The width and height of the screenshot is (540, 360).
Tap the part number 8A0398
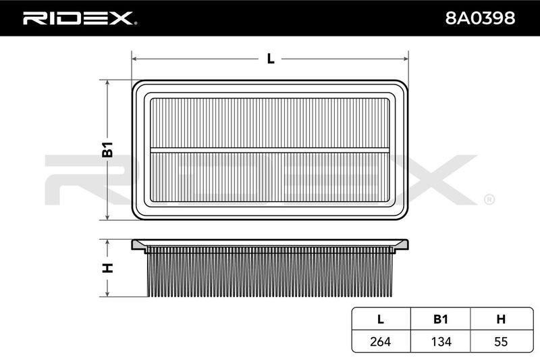coord(480,18)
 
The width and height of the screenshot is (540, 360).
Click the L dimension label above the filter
coord(271,59)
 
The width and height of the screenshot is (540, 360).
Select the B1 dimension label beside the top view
coord(107,149)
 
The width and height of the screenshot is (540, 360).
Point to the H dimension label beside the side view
coord(107,267)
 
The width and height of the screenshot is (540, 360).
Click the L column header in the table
coord(381,319)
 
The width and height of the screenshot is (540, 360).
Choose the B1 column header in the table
coord(441,319)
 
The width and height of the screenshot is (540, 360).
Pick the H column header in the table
coord(501,319)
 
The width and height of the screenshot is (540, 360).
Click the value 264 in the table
coord(381,341)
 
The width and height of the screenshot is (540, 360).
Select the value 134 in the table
coord(441,341)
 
